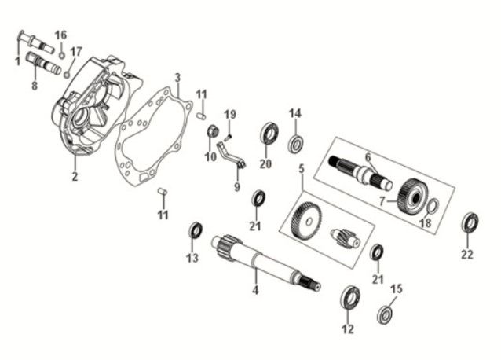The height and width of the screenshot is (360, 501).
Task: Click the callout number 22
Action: [467, 254]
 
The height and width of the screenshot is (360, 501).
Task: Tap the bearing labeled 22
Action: [470, 222]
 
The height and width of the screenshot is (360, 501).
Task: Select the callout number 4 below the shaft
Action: [254, 292]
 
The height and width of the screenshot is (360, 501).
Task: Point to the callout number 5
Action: [301, 168]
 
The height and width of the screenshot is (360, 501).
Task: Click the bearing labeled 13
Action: [196, 230]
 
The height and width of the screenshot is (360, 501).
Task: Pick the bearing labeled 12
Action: [349, 298]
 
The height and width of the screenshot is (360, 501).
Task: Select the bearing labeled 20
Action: [269, 133]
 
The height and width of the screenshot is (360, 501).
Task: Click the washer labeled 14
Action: [297, 145]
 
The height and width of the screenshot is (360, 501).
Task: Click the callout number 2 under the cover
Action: [75, 176]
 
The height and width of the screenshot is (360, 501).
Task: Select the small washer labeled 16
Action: [62, 55]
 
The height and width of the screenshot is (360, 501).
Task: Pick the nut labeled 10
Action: [211, 131]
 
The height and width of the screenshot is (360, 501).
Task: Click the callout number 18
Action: [425, 223]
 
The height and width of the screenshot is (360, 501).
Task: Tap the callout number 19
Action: [229, 115]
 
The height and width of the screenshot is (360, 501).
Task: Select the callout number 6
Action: [367, 157]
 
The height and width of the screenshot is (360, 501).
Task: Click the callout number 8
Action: [35, 86]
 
